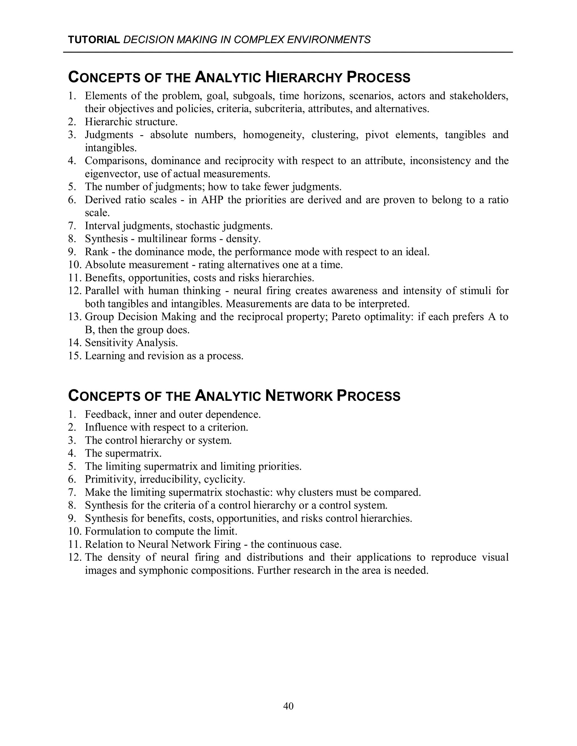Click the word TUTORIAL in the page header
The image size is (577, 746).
point(94,40)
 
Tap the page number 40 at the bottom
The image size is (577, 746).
point(288,706)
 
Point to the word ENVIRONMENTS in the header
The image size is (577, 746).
point(329,40)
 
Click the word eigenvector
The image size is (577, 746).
point(112,174)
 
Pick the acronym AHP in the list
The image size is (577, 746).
point(212,200)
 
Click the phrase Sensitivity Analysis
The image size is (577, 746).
point(131,343)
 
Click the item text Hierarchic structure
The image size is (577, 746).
point(131,122)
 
